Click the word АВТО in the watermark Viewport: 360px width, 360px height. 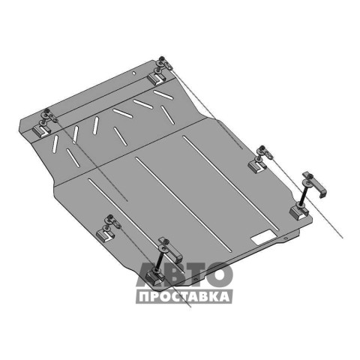(184, 274)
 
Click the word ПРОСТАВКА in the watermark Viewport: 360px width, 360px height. (184, 297)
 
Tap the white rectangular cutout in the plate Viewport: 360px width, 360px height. (264, 237)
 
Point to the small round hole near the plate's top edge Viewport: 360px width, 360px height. (134, 73)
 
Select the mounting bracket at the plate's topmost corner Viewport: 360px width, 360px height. (157, 78)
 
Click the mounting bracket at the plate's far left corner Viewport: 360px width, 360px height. (41, 130)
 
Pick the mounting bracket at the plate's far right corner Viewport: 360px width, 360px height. (299, 212)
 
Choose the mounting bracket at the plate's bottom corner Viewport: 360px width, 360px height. (155, 277)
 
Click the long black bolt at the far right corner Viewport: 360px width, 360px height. (303, 194)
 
